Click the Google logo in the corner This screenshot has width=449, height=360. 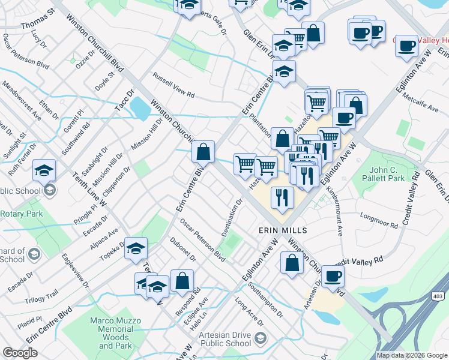pos(20,353)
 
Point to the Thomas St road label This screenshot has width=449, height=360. pos(38,26)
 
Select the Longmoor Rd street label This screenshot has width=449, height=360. pos(378,220)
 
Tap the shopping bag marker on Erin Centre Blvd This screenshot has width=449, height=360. pos(203,152)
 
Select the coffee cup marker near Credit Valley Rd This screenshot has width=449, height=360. pos(332,277)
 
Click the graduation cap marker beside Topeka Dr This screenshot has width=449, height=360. pos(136,248)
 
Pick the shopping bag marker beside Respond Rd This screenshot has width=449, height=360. pos(182,281)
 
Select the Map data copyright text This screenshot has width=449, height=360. pos(412,355)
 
